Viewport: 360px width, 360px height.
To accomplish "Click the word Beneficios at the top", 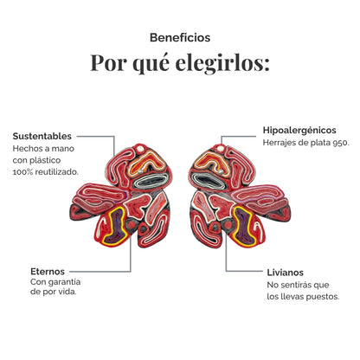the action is point(180,38).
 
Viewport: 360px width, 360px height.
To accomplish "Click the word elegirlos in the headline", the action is point(222,62).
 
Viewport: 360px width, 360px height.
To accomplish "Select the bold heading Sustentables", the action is point(42,136).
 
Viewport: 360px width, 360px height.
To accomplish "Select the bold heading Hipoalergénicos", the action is point(299,130).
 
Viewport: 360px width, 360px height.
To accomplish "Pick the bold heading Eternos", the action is point(48,272).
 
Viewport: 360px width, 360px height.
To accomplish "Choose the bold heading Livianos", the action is point(286,273).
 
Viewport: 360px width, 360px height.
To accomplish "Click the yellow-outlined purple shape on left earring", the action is point(116,226).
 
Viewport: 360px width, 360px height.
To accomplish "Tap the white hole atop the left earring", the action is point(140,149).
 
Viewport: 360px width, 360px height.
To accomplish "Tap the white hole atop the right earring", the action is point(221,148).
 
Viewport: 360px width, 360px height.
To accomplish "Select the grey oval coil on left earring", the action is point(151,181).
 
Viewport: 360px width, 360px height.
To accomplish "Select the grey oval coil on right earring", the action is point(209,181).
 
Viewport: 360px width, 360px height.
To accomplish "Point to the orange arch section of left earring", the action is point(145,163).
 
